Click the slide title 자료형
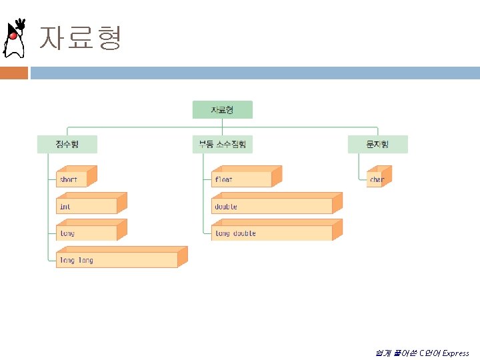pos(81,38)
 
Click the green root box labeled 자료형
pos(222,109)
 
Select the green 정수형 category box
pos(67,144)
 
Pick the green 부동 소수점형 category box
pos(222,144)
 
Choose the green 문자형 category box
pos(377,144)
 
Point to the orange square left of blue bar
pos(13,73)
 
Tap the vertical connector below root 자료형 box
pos(222,123)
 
